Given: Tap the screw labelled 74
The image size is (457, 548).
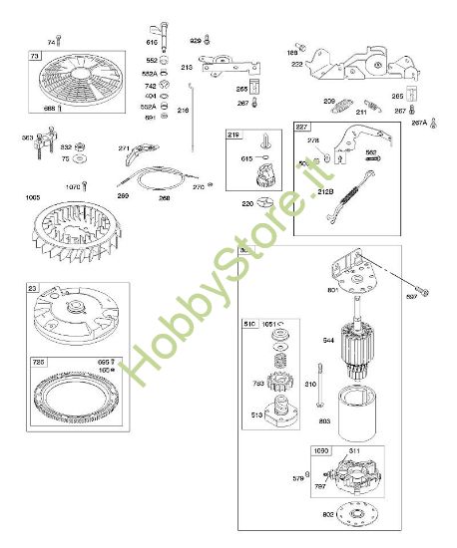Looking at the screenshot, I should (59, 39).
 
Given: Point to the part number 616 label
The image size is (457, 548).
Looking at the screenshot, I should (152, 43).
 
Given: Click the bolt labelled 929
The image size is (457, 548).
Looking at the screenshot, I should (207, 41).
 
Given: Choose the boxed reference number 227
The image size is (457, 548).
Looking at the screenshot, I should (302, 127).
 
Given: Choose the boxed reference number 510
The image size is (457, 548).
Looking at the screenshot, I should (248, 324).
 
